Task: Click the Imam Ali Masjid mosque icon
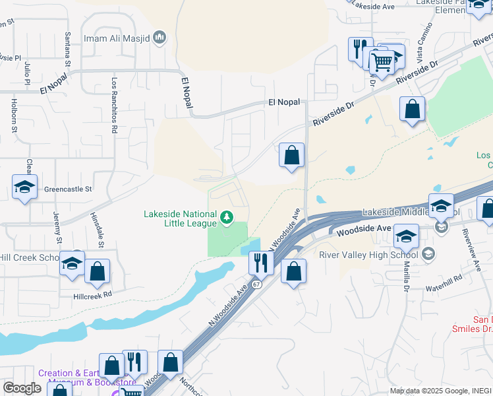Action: point(159,38)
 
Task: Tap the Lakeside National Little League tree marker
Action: point(227,217)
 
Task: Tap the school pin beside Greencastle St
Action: point(24,187)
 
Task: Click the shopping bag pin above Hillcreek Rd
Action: point(97,272)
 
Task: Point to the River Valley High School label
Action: point(368,255)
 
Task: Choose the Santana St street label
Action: point(67,49)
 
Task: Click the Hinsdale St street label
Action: point(101,230)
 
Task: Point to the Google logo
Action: point(22,388)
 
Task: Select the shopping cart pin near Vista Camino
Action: point(382,63)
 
